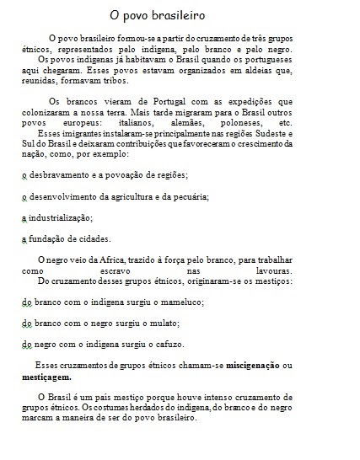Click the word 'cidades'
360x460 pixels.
92,239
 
